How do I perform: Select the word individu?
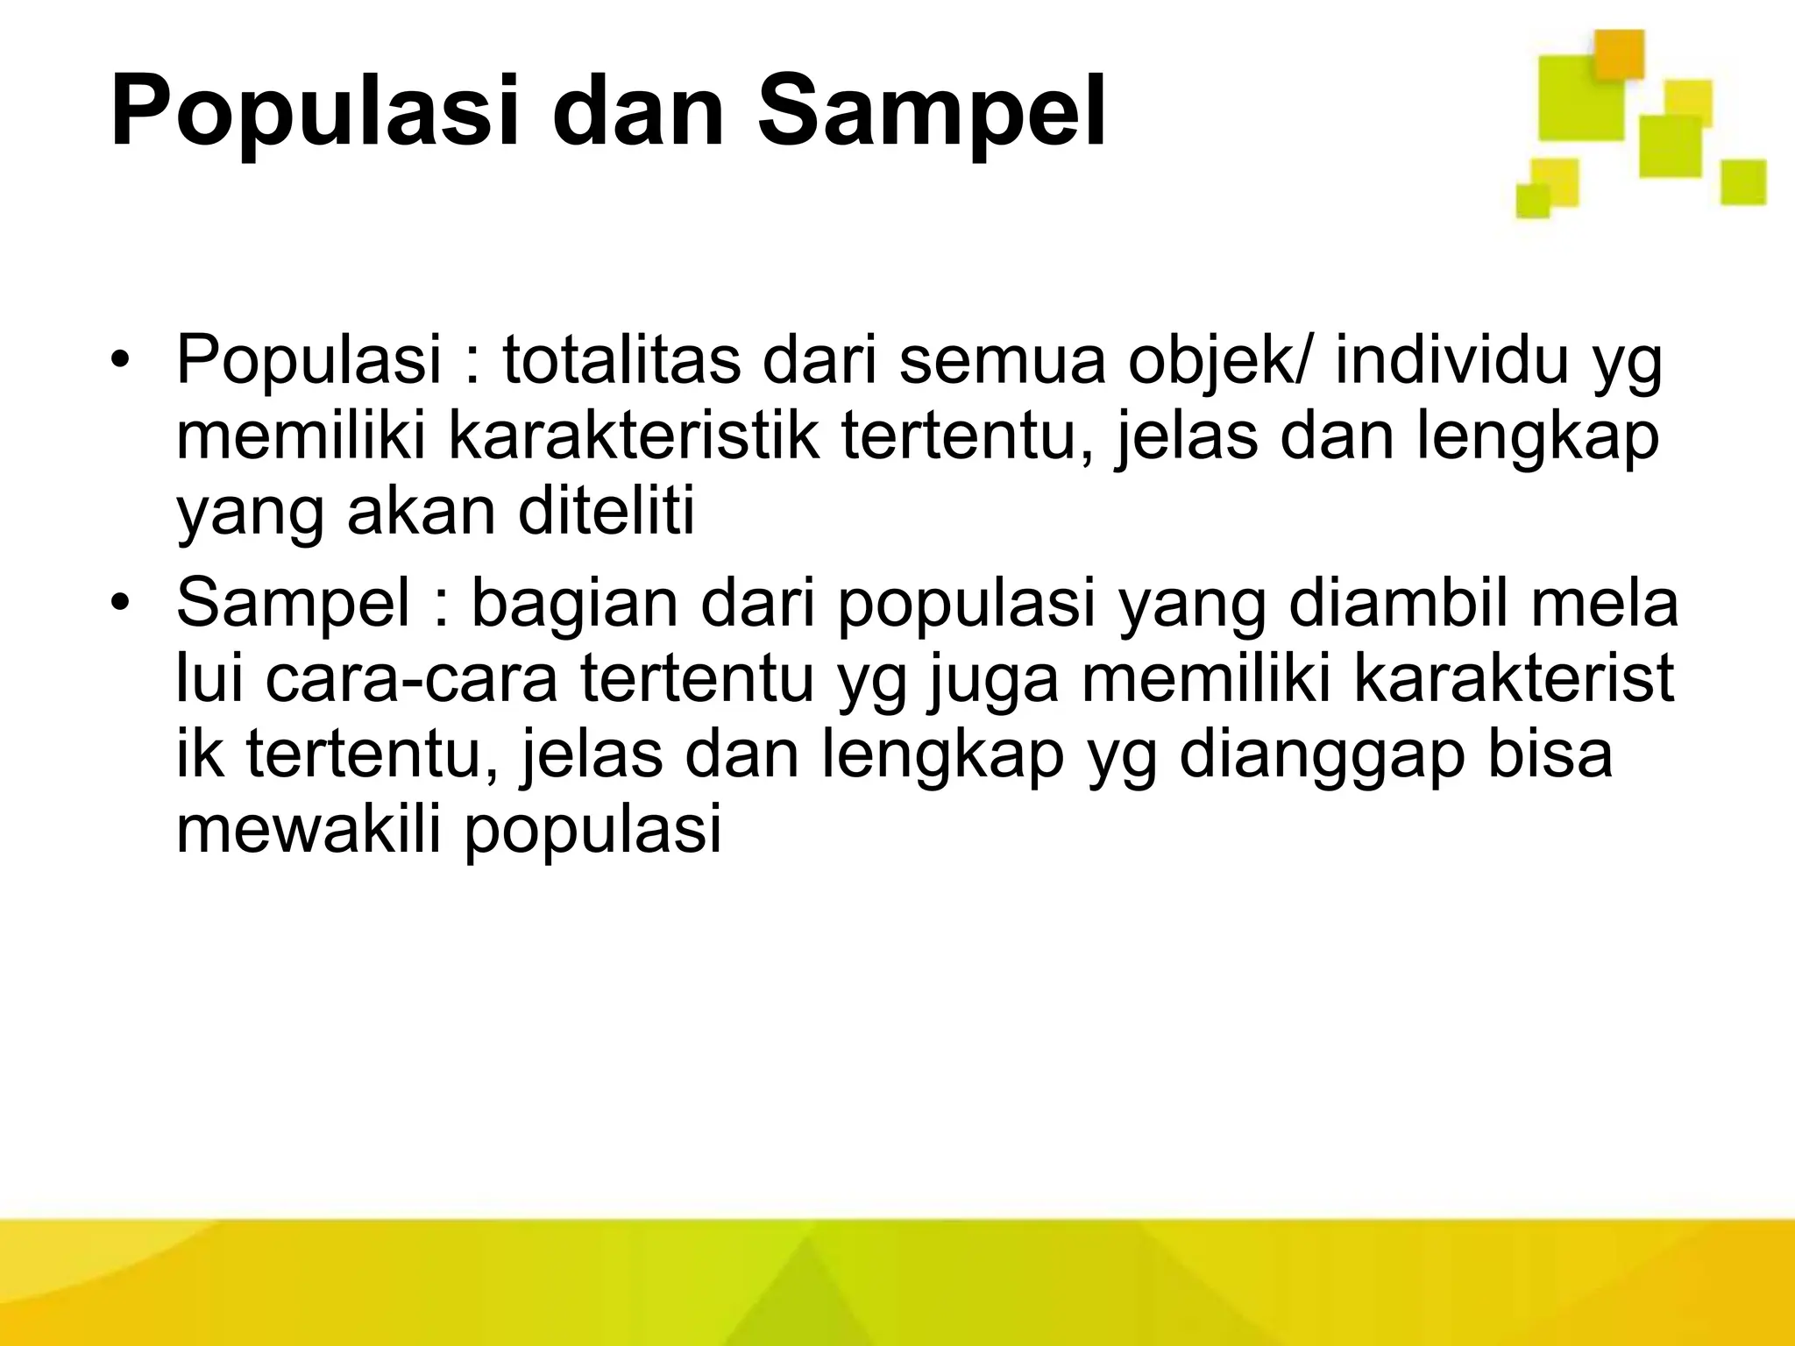point(1451,361)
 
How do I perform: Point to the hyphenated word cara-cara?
point(411,680)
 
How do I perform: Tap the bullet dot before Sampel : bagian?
point(122,605)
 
